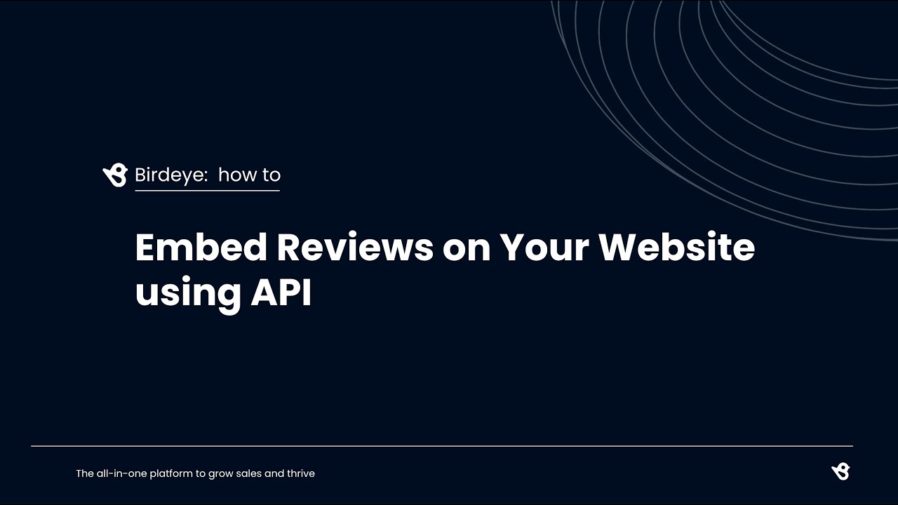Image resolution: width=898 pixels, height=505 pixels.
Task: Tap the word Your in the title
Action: click(544, 247)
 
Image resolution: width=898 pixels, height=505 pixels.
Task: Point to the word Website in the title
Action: click(677, 247)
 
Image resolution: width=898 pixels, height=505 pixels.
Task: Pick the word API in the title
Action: click(281, 291)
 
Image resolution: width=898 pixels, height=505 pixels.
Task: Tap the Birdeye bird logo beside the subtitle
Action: click(115, 175)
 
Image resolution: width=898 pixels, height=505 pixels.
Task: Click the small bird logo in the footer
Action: click(840, 471)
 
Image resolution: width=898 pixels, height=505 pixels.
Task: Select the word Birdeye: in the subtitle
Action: click(171, 175)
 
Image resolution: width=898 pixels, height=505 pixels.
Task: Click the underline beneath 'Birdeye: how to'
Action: click(207, 190)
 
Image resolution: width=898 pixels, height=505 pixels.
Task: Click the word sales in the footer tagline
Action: click(250, 473)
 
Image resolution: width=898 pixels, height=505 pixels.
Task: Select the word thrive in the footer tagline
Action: click(300, 473)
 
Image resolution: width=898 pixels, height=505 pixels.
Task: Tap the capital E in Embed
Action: click(145, 247)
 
